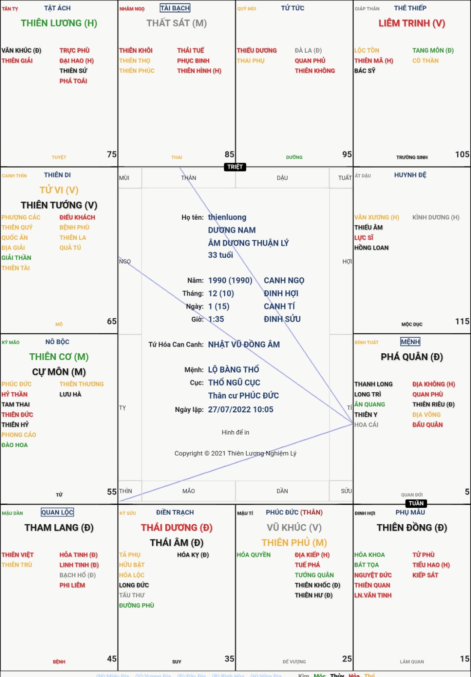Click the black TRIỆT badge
[x=235, y=167]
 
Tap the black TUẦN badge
[x=416, y=504]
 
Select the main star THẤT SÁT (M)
[x=176, y=23]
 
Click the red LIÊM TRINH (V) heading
[x=411, y=23]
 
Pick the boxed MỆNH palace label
[x=410, y=342]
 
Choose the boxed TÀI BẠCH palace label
[x=175, y=8]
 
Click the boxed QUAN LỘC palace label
[x=57, y=513]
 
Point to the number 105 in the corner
[x=462, y=154]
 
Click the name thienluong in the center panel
[x=227, y=217]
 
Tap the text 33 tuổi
[x=221, y=255]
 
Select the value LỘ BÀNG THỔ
[x=233, y=370]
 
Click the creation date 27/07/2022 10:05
[x=241, y=409]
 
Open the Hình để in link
[x=235, y=432]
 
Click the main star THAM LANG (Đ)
[x=59, y=528]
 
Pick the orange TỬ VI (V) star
[x=59, y=190]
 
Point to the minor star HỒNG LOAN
[x=371, y=248]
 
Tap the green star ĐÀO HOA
[x=15, y=445]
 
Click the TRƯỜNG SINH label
[x=411, y=157]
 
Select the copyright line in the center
[x=235, y=453]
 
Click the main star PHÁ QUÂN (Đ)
[x=411, y=357]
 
